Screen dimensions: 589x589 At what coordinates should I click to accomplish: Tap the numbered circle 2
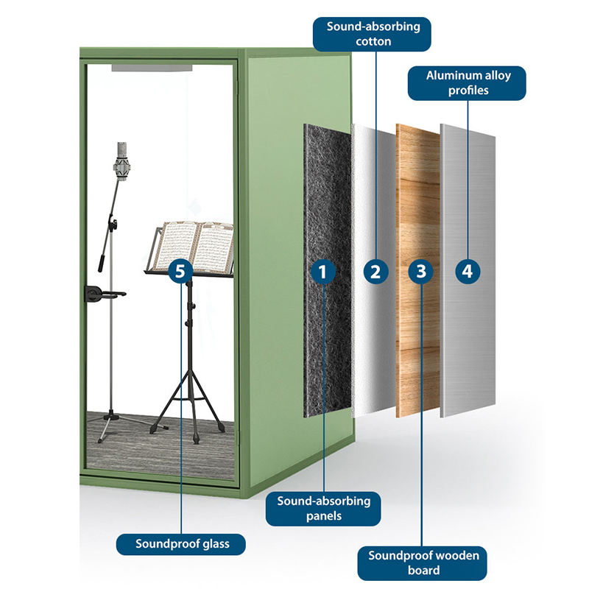tap(375, 271)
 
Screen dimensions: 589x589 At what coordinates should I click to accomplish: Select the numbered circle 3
tap(420, 271)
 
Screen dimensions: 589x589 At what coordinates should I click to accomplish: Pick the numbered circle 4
tap(466, 271)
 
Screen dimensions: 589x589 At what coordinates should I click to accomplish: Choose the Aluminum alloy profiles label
tap(468, 83)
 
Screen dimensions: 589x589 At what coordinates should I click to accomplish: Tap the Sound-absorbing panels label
tap(324, 508)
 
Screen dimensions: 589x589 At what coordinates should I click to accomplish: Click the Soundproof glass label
tap(183, 544)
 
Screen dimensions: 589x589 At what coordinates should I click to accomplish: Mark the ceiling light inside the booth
tap(152, 68)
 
